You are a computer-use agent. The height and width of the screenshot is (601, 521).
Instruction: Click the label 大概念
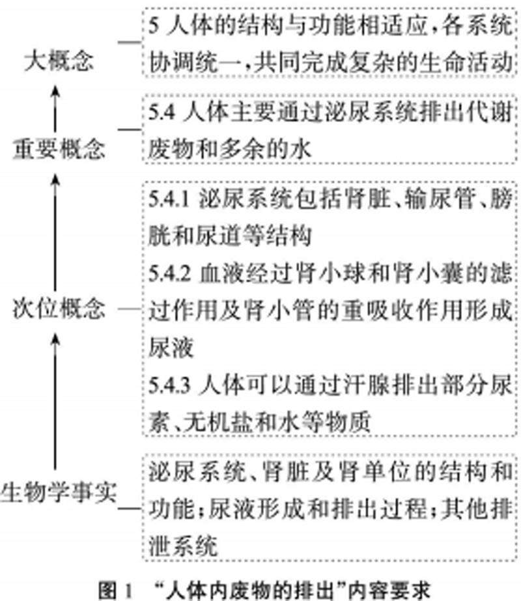(58, 61)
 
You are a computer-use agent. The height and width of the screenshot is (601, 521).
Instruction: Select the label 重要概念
(58, 150)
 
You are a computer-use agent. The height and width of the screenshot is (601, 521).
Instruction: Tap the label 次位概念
(58, 309)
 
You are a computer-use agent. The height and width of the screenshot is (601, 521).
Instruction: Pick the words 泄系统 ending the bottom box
(180, 543)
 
